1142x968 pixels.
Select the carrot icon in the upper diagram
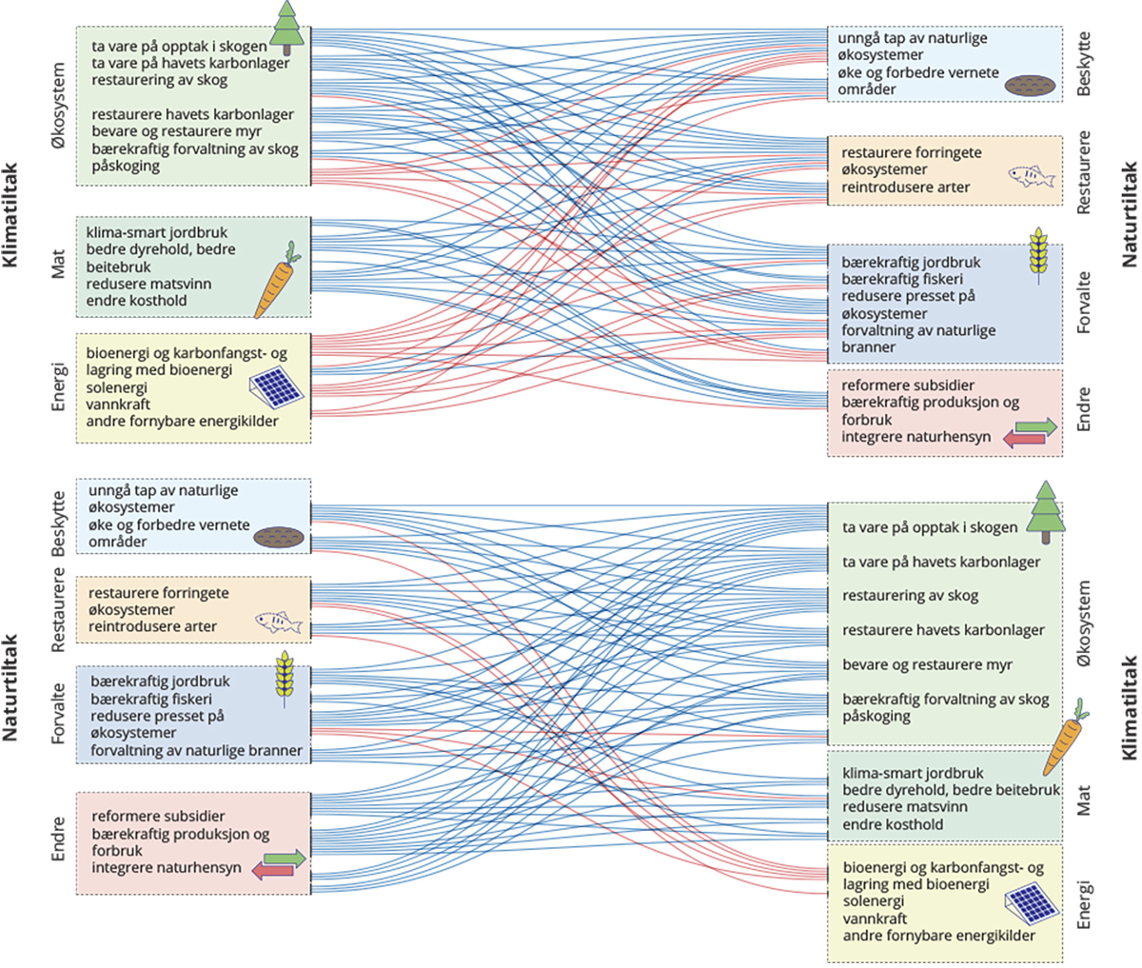pos(277,279)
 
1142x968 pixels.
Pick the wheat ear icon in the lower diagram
pos(284,678)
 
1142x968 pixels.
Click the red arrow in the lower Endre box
pos(272,870)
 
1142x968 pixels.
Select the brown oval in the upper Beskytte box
pos(1030,85)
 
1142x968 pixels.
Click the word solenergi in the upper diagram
pos(116,387)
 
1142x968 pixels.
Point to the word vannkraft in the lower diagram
pos(875,919)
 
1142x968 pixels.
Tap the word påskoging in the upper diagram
pos(126,166)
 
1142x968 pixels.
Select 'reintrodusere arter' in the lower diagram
pos(152,626)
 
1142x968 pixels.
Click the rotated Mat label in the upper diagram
pos(59,265)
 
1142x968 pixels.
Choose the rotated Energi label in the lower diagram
pos(1084,903)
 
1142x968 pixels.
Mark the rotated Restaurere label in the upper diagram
pos(1084,172)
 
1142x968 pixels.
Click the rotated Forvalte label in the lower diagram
pos(59,712)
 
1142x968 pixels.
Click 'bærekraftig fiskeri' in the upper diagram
pos(901,279)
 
